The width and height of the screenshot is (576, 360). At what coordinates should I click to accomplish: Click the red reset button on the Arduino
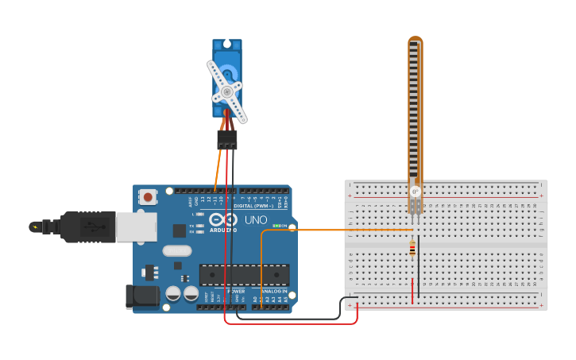click(148, 196)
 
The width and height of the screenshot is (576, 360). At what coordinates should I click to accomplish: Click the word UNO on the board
click(255, 219)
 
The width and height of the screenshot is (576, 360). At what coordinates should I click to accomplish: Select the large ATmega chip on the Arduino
click(244, 274)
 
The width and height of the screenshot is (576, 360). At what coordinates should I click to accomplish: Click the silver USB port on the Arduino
click(136, 226)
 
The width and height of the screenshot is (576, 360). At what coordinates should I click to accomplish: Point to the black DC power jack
click(142, 296)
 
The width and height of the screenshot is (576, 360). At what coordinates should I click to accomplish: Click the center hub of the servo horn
click(226, 92)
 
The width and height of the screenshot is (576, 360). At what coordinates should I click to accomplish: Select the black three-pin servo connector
click(226, 140)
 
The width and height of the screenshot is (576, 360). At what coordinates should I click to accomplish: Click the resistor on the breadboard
click(412, 249)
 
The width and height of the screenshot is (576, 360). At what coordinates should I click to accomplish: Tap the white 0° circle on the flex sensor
click(415, 192)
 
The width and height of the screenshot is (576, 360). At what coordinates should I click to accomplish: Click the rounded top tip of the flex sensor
click(416, 39)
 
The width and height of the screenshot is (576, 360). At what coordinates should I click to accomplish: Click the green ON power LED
click(276, 226)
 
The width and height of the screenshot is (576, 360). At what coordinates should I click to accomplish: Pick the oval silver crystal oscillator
click(177, 250)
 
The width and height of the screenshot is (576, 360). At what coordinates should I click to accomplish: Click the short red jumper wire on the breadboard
click(412, 290)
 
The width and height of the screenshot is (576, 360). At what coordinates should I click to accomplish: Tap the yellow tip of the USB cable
click(34, 227)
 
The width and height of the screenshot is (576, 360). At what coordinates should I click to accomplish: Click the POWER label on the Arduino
click(236, 291)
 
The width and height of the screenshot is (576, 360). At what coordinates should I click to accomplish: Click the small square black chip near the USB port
click(180, 230)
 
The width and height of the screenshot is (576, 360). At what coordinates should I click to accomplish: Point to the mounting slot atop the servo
click(227, 44)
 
